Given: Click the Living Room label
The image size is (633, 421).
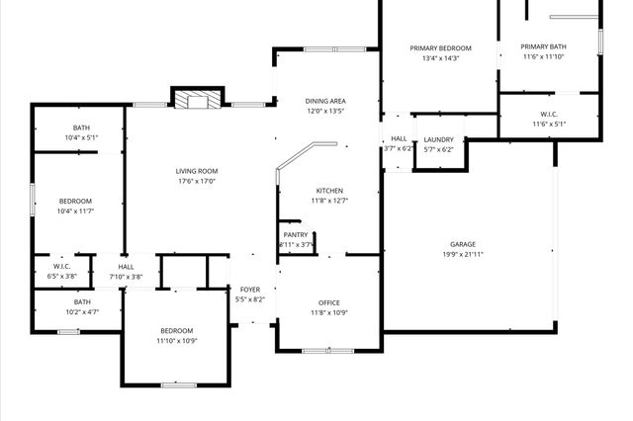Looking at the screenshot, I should tap(197, 171).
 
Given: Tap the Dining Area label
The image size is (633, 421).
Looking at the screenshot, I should tap(324, 101).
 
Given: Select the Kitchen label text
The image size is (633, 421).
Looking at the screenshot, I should tap(329, 190).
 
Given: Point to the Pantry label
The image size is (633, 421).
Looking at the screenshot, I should tap(296, 234).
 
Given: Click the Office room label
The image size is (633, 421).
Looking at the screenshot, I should tap(329, 303).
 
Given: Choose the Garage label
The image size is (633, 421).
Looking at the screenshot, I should tap(463, 244).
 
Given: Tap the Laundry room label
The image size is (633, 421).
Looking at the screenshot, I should tap(438, 140).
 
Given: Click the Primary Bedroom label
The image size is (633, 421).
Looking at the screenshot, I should tap(441, 47).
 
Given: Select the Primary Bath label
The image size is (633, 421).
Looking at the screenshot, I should tap(543, 46).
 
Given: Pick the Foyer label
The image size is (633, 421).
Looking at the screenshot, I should tap(250, 290).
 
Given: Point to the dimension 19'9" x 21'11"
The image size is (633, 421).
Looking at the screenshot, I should tap(463, 255).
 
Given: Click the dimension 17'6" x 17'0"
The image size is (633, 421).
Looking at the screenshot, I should tap(197, 182).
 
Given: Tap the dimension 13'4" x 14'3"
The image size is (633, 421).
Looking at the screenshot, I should tap(441, 58).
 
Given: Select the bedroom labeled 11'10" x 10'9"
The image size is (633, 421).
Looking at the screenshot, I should tap(177, 335).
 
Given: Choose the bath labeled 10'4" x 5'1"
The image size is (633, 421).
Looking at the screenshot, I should tap(81, 132).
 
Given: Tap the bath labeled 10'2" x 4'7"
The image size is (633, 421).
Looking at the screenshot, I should tap(81, 307).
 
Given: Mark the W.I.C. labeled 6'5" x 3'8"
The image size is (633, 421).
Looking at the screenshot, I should tap(60, 271).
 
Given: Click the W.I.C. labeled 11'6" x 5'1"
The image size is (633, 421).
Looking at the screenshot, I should tap(550, 119).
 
